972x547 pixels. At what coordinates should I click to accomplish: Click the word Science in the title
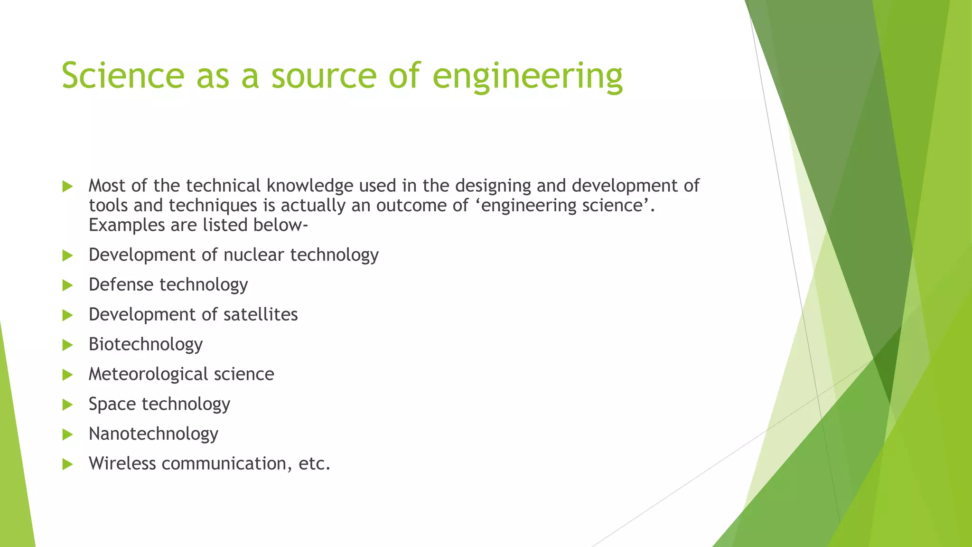pos(123,76)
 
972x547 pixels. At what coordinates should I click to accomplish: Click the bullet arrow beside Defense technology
pos(67,285)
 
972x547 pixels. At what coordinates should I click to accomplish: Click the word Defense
pos(121,285)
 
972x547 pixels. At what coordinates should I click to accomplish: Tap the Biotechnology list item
pos(146,345)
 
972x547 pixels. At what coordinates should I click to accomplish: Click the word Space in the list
pos(112,405)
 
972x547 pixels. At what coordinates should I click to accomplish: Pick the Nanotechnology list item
pos(153,434)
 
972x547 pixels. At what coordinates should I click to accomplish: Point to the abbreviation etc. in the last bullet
pos(314,464)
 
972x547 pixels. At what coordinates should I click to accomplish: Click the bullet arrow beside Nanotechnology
pos(67,434)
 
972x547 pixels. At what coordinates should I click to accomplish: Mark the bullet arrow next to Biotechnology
pos(67,345)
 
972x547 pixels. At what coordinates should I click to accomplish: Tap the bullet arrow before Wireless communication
pos(67,464)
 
